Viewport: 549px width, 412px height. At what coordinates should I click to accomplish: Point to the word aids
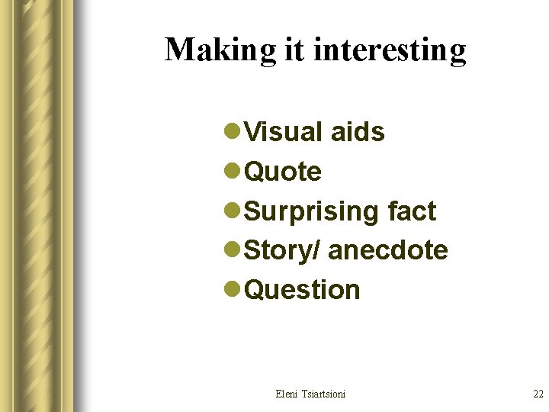[x=358, y=132]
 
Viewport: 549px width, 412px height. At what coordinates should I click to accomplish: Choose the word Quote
[x=283, y=172]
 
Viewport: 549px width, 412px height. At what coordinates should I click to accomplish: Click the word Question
[x=302, y=290]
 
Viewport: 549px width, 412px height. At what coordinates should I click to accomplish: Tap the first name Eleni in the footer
[x=287, y=394]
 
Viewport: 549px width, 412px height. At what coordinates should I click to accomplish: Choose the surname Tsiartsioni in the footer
[x=323, y=394]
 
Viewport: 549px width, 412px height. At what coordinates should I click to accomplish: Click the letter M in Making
[x=178, y=50]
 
